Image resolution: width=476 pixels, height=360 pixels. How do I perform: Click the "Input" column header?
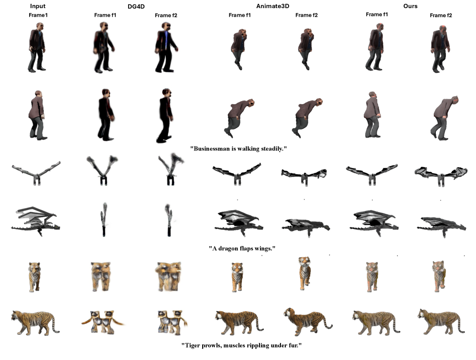click(x=38, y=6)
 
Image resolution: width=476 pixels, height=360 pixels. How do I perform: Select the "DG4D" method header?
click(x=136, y=6)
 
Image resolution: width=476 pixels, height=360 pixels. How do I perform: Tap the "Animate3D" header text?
click(x=272, y=6)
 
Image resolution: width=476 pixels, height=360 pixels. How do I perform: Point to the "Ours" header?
click(x=410, y=6)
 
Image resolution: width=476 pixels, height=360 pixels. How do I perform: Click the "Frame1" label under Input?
click(x=38, y=15)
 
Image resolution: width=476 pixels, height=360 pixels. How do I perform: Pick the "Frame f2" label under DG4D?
click(x=166, y=15)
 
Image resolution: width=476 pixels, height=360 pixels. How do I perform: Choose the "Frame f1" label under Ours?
click(x=377, y=14)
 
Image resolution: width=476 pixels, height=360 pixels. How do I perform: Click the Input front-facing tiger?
click(x=34, y=277)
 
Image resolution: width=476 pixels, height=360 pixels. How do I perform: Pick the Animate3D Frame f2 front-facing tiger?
click(x=304, y=273)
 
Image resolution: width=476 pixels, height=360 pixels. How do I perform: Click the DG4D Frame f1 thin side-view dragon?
click(x=104, y=219)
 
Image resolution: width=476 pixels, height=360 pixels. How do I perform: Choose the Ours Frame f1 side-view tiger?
click(x=376, y=322)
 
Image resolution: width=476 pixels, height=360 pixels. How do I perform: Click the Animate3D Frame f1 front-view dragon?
click(x=237, y=174)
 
